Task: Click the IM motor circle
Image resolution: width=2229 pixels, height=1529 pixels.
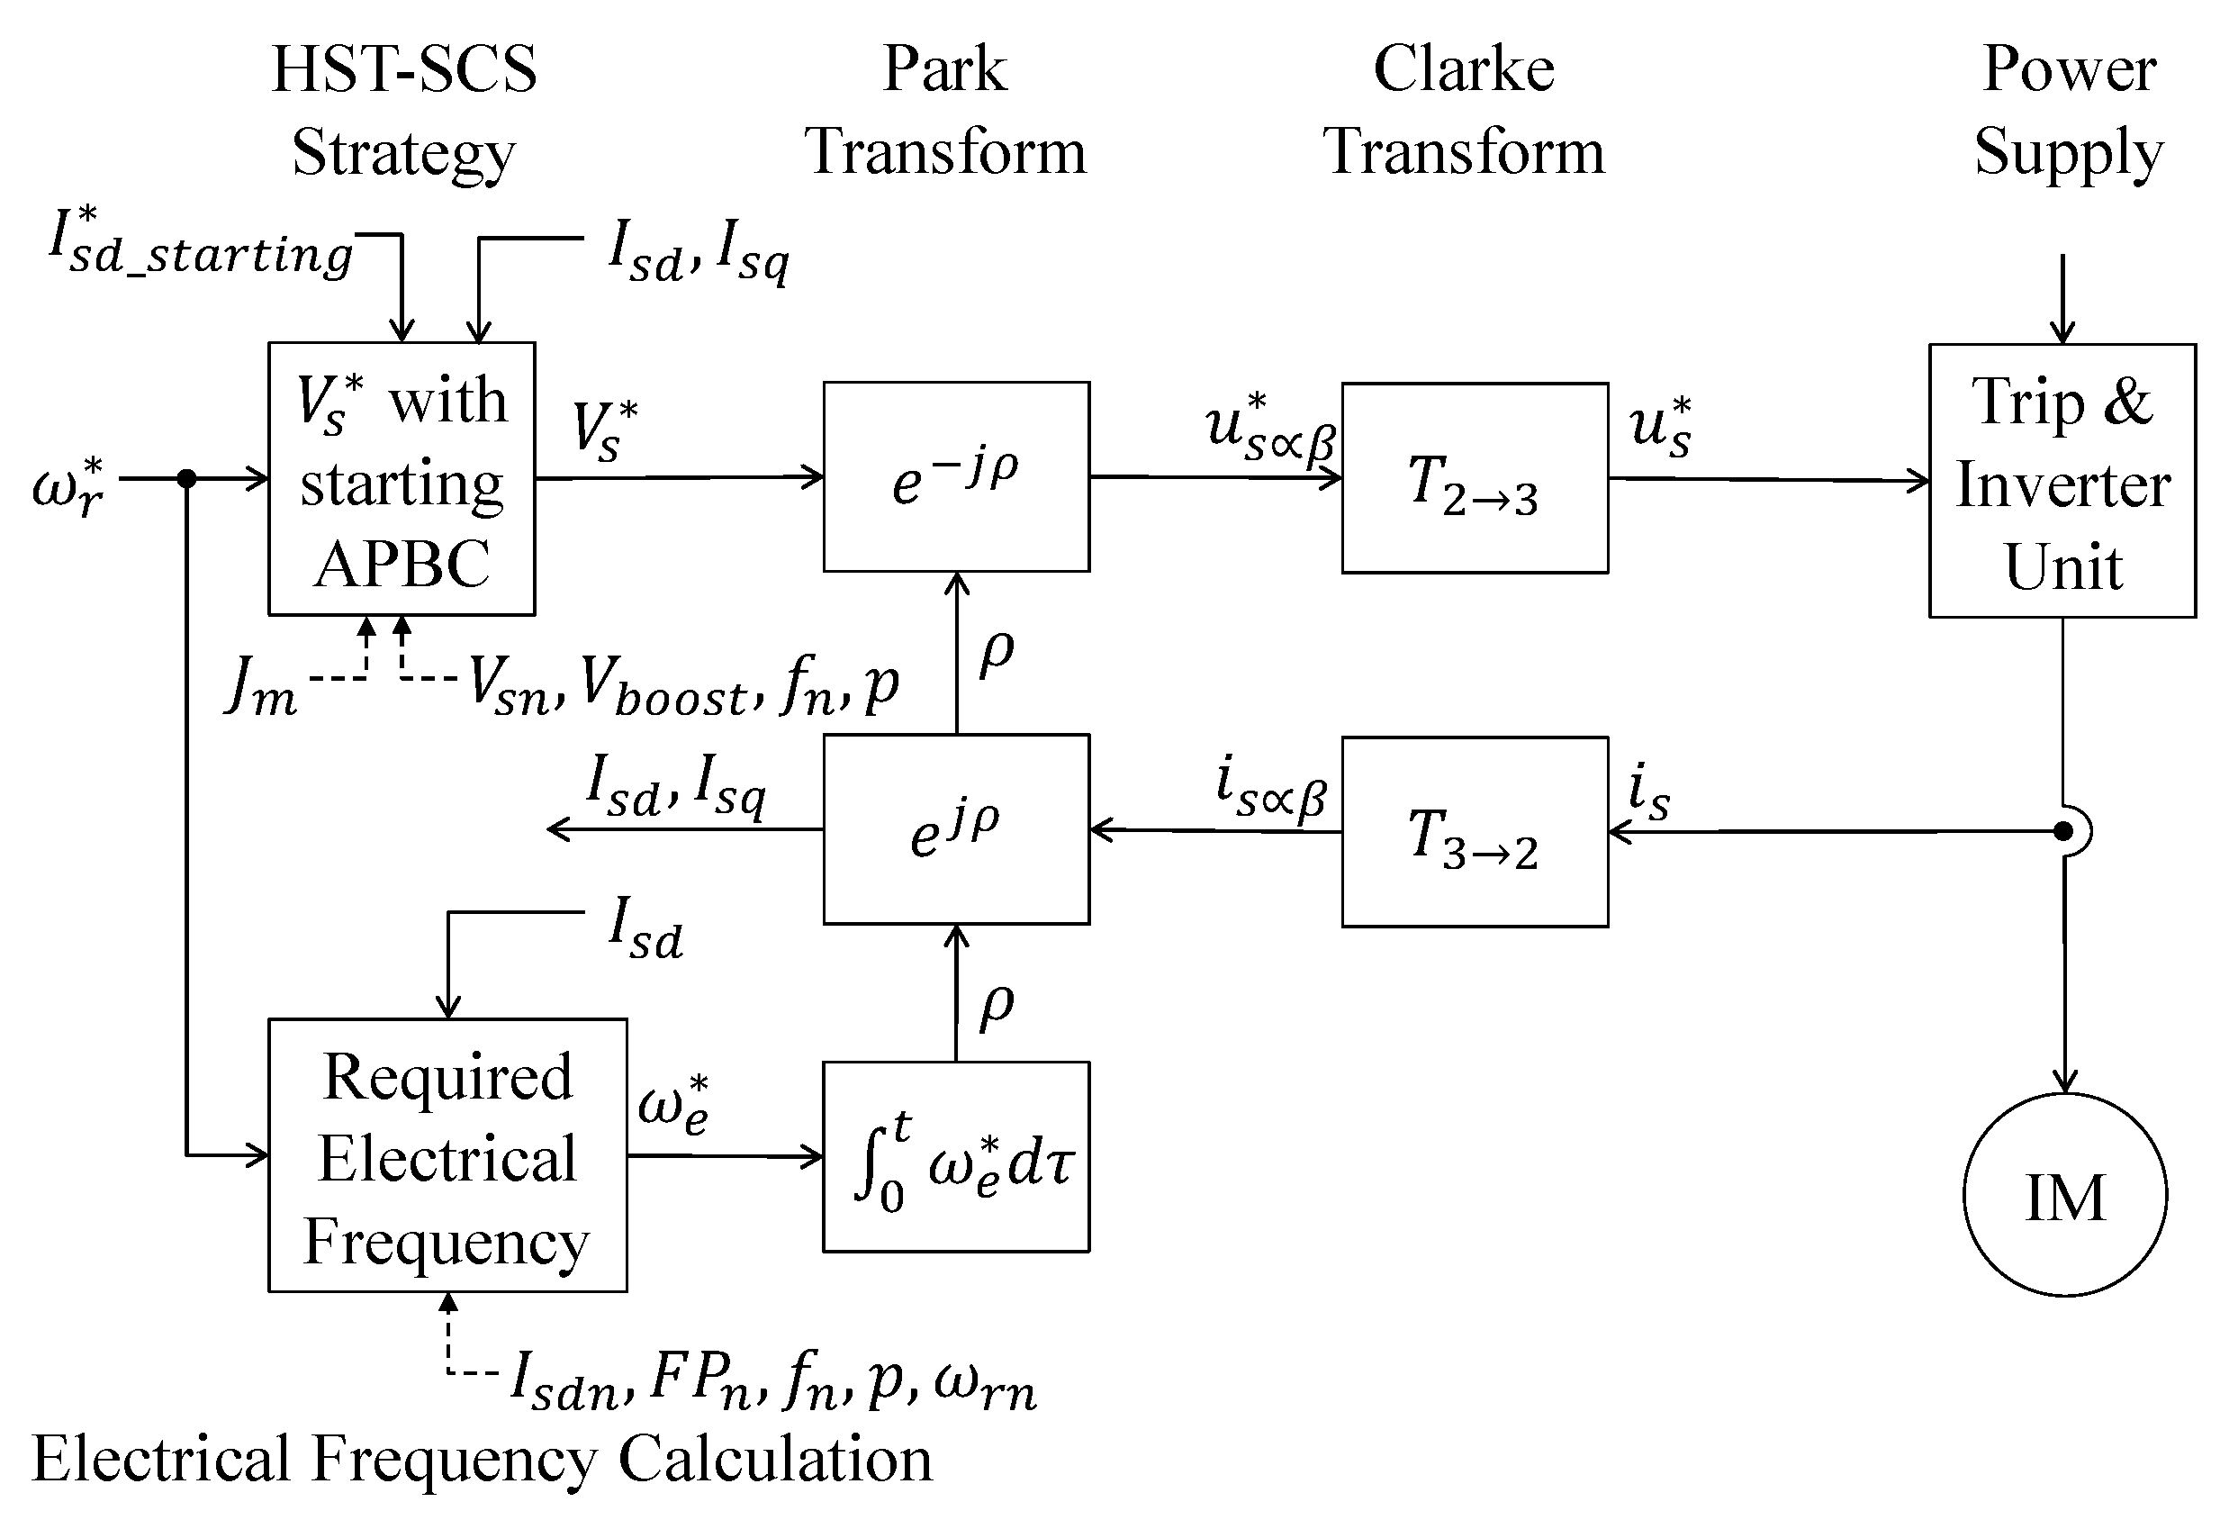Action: pyautogui.click(x=2064, y=1194)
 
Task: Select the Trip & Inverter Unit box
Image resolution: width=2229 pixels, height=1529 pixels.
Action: pyautogui.click(x=2062, y=481)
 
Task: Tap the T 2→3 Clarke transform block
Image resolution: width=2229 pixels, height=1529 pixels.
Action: pyautogui.click(x=1475, y=477)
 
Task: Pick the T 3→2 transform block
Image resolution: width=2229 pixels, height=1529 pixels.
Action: pyautogui.click(x=1475, y=832)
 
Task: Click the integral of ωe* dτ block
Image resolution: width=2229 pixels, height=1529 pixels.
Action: pyautogui.click(x=956, y=1156)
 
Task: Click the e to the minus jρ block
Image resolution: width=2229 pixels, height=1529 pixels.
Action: pyautogui.click(x=956, y=476)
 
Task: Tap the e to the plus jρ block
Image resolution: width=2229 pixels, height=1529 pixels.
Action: pyautogui.click(x=956, y=828)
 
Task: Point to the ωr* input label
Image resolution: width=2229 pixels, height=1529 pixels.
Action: pyautogui.click(x=68, y=485)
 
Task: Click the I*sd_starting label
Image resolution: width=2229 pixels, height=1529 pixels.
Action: pyautogui.click(x=202, y=246)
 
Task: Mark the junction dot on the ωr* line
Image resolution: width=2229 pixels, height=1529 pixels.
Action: pyautogui.click(x=187, y=477)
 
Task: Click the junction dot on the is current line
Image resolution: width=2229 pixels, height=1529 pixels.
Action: pyautogui.click(x=2063, y=832)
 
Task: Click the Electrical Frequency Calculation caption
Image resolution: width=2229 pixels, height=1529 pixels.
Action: pyautogui.click(x=482, y=1460)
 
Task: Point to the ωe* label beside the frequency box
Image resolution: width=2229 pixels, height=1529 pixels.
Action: pyautogui.click(x=673, y=1105)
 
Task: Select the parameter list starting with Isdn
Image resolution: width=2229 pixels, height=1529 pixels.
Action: pyautogui.click(x=773, y=1381)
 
